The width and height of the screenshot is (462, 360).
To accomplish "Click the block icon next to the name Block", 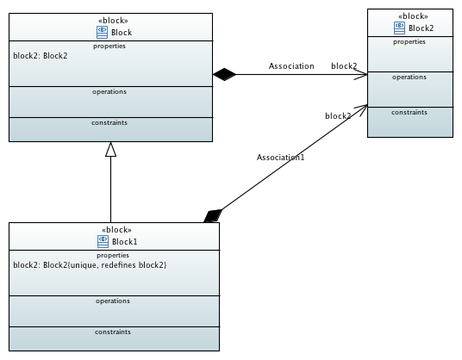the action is click(102, 33).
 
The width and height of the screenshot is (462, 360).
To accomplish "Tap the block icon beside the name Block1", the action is click(103, 242).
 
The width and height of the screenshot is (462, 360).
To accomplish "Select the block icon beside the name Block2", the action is click(399, 28).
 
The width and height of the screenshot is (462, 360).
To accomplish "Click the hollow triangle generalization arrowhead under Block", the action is click(111, 149).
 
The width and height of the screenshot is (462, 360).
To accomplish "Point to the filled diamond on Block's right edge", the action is click(224, 74).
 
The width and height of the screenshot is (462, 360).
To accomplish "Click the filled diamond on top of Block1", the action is click(213, 216).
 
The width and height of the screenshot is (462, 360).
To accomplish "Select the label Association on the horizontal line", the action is click(291, 66).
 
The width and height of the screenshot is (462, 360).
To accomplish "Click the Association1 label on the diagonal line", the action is click(280, 158).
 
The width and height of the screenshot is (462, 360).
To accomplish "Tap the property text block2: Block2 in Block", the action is click(41, 56).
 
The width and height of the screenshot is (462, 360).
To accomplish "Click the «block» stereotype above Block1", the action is click(116, 230).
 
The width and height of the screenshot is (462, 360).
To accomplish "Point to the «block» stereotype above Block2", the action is click(413, 16).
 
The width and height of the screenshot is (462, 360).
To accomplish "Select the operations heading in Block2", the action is click(409, 78).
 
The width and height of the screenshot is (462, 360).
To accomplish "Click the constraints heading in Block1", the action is click(113, 332).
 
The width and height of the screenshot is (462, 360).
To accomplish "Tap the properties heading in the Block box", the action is click(109, 47).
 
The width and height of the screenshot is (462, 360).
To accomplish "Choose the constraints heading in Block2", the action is click(409, 113).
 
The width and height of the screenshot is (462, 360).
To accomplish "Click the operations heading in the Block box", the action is click(109, 92).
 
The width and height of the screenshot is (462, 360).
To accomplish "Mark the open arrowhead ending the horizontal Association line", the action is click(361, 74).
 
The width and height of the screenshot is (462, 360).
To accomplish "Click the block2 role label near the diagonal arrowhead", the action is click(338, 116).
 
